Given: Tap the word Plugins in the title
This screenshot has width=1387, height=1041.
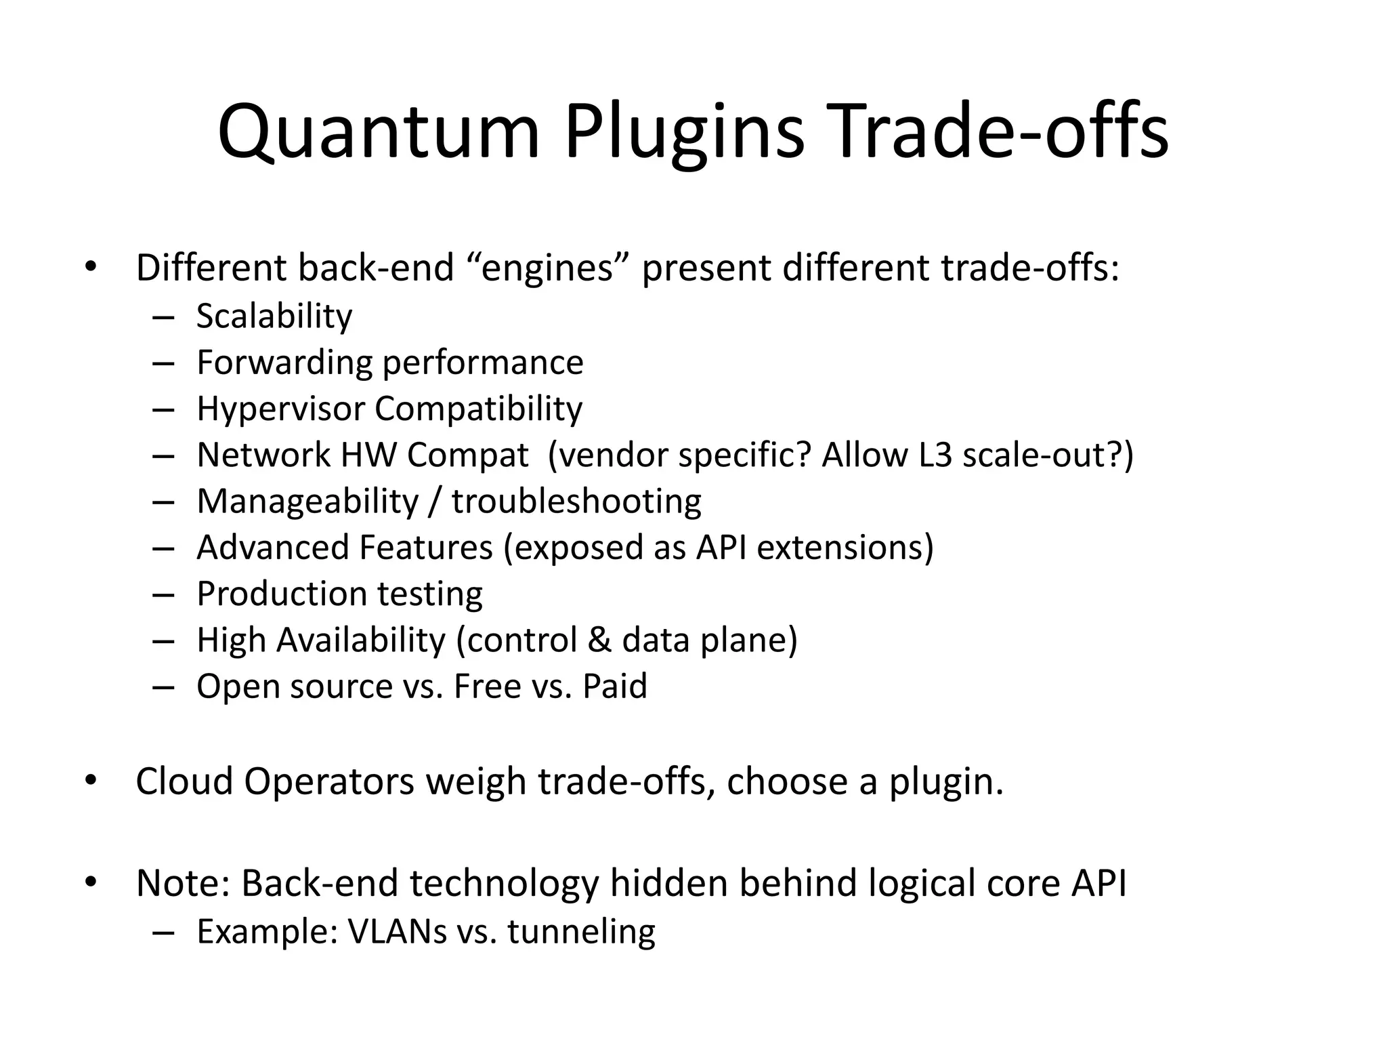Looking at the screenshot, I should pyautogui.click(x=684, y=132).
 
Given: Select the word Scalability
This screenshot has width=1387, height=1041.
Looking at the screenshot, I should pyautogui.click(x=274, y=317).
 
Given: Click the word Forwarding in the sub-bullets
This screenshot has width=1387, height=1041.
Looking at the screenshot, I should pyautogui.click(x=284, y=363).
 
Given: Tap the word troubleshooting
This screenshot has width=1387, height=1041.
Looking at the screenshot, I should pyautogui.click(x=576, y=502).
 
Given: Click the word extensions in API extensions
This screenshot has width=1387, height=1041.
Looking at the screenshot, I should pyautogui.click(x=845, y=548).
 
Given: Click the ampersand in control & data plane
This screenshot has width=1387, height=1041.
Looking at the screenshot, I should pyautogui.click(x=599, y=640).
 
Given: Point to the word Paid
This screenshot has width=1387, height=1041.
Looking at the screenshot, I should pyautogui.click(x=615, y=687).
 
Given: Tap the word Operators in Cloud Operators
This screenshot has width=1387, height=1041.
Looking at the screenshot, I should pyautogui.click(x=328, y=781).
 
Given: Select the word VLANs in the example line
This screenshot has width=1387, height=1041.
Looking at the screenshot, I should pyautogui.click(x=397, y=932).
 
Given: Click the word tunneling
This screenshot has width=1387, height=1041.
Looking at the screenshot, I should pyautogui.click(x=581, y=932).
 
